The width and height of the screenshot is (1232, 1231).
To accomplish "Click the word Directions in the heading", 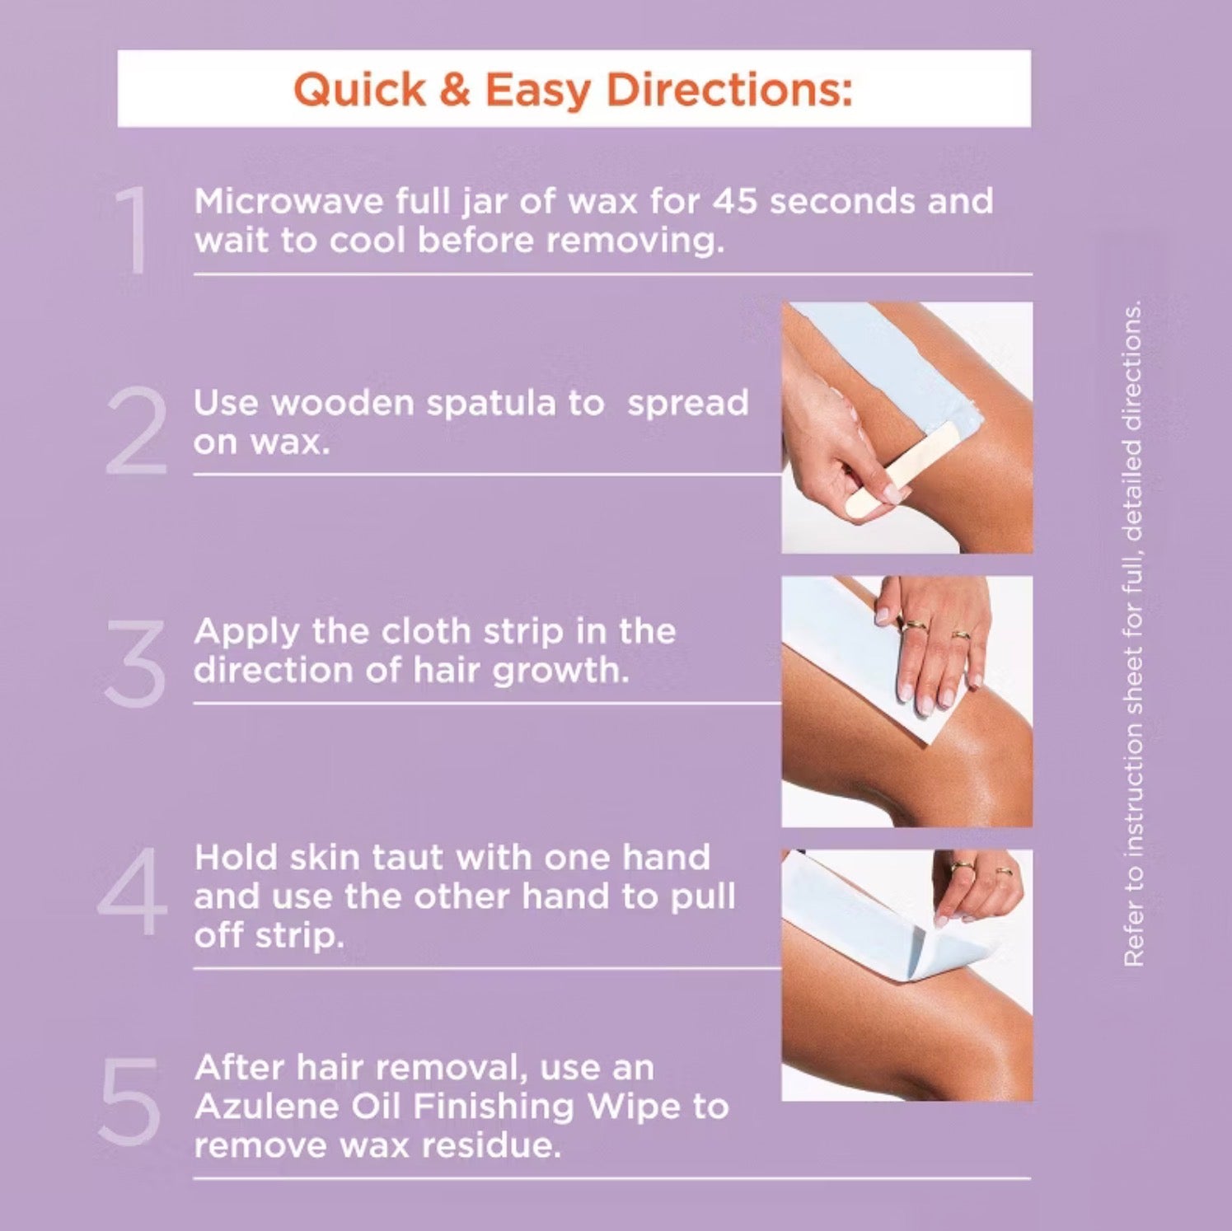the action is pyautogui.click(x=729, y=89).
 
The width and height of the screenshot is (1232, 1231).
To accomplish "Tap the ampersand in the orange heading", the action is pyautogui.click(x=454, y=89).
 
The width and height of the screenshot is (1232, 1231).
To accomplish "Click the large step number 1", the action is pyautogui.click(x=133, y=230).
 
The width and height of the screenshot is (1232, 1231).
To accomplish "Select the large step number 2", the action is pyautogui.click(x=137, y=430).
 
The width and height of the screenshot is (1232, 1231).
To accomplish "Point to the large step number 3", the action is pyautogui.click(x=135, y=663).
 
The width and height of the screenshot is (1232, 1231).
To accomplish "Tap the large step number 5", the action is pyautogui.click(x=129, y=1102).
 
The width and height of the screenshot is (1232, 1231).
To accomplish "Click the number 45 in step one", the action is pyautogui.click(x=734, y=202).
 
